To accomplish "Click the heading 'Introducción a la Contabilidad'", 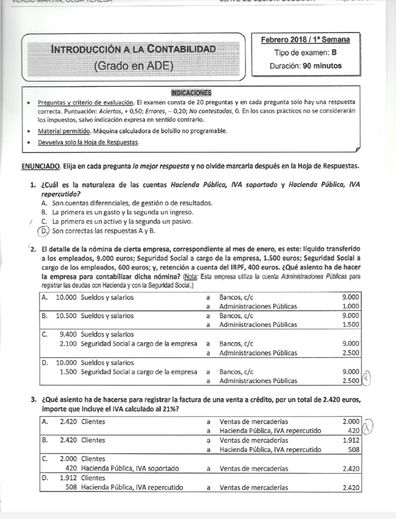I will coord(133,48).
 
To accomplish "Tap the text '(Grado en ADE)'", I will coord(133,65).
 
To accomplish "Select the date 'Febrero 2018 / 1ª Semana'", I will coord(305,40).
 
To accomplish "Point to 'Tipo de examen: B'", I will coord(305,53).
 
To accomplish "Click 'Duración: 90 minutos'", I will coord(305,65).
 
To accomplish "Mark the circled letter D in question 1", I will coord(43,231).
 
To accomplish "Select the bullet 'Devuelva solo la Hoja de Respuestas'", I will coord(88,143).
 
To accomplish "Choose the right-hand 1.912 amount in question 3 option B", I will coord(351,440).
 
